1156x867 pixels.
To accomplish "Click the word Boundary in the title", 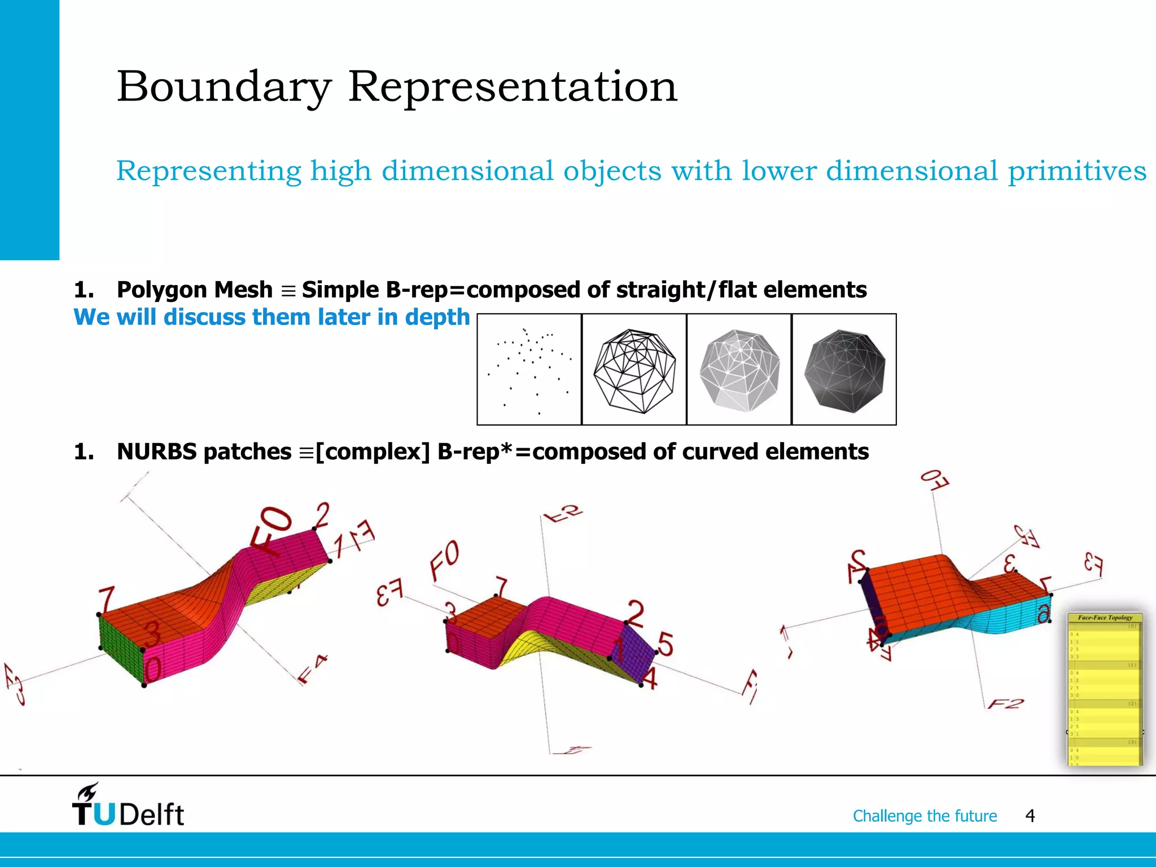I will [224, 87].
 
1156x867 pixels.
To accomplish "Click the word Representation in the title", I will [512, 87].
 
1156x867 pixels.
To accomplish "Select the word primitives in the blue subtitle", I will [1077, 170].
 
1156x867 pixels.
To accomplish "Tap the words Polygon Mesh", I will [194, 290].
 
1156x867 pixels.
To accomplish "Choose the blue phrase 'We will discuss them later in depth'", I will [272, 317].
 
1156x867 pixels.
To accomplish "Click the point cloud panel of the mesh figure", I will [529, 369].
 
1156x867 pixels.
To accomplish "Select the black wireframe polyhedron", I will [634, 369].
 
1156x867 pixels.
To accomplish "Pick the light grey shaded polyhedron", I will [739, 369].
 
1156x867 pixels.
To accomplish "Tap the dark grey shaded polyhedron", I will [844, 369].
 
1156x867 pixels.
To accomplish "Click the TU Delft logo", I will [128, 806].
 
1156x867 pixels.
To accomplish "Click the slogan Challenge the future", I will [925, 816].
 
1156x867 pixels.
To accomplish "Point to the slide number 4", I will [1030, 816].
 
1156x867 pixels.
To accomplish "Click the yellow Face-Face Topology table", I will [1105, 690].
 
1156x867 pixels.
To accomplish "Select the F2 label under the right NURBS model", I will [1005, 703].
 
